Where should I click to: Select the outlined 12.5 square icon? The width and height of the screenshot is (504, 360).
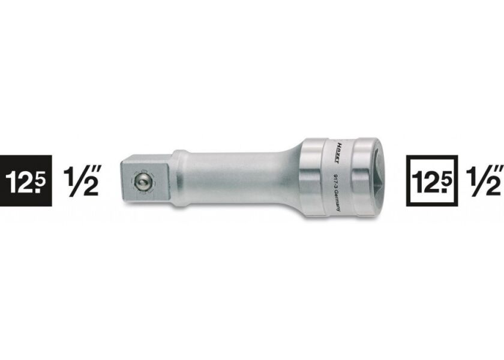(432, 180)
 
